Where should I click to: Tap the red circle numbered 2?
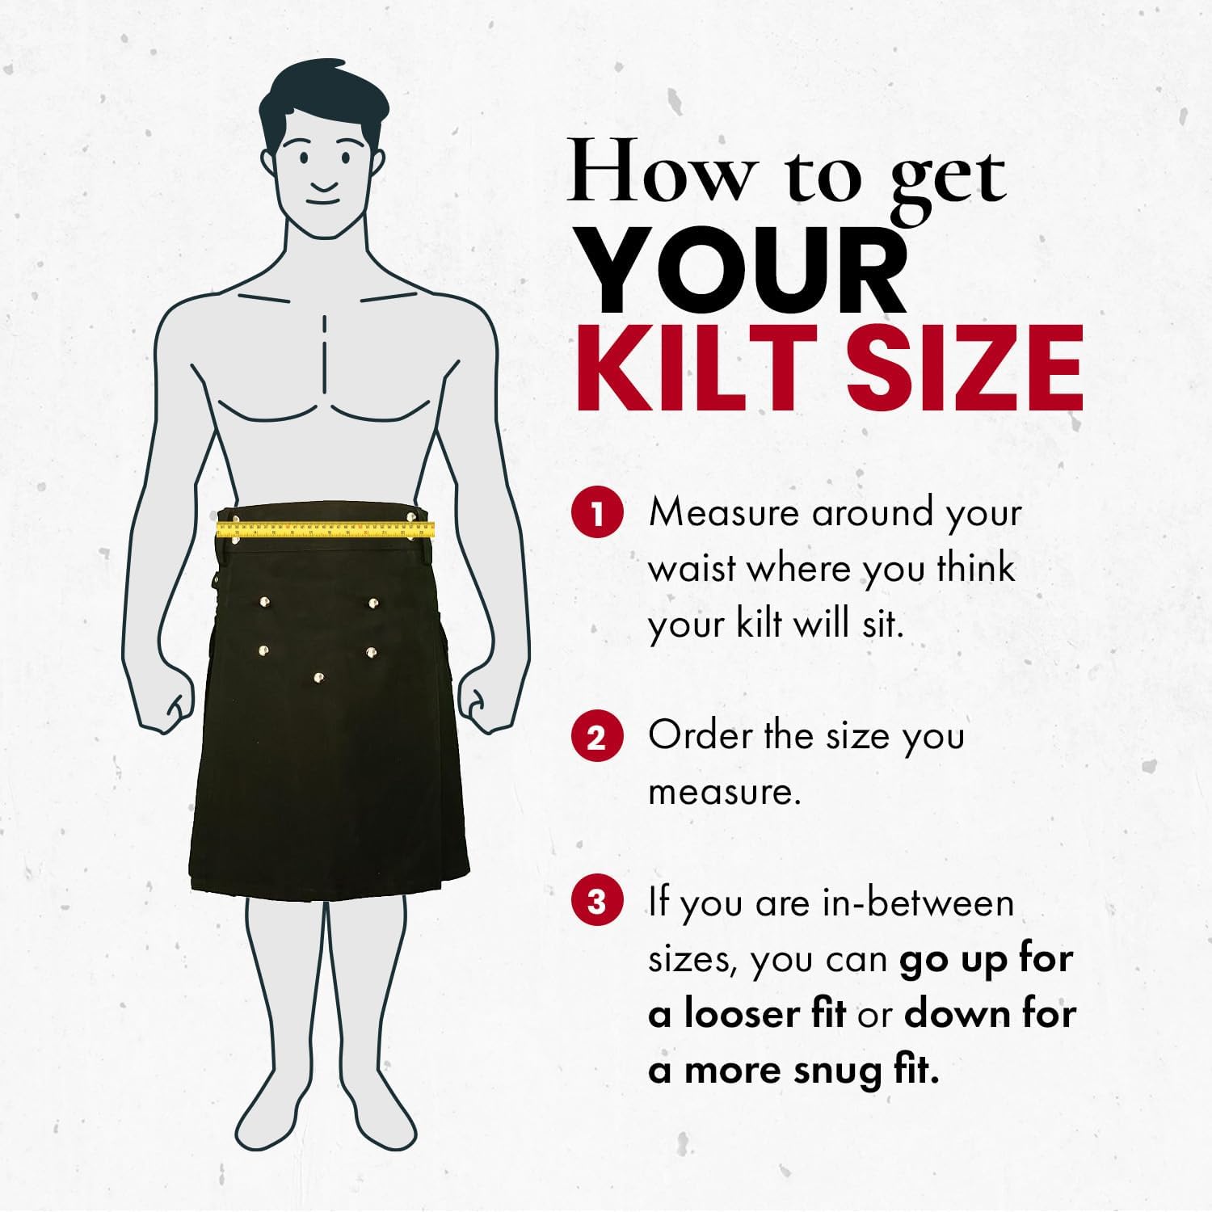[x=597, y=736]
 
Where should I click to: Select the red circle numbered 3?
[x=597, y=902]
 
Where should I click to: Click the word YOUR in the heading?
[x=743, y=270]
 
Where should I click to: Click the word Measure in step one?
[x=723, y=512]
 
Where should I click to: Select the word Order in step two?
[x=700, y=735]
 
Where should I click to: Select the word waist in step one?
[x=692, y=569]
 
